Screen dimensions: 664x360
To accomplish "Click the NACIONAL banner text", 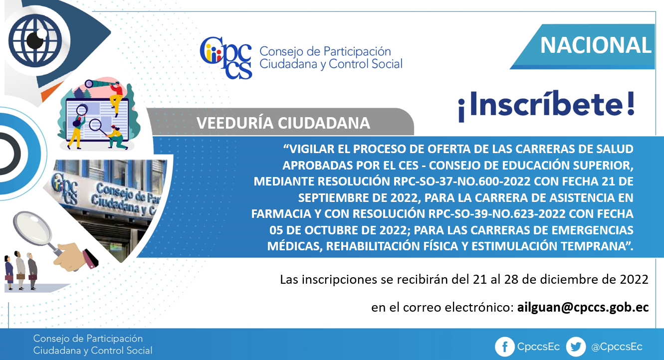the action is [x=596, y=45].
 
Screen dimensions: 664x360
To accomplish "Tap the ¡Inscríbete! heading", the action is [x=546, y=106].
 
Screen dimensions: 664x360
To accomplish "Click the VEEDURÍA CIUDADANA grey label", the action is [x=283, y=123].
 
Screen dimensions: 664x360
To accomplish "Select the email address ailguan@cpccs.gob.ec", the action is [x=583, y=308].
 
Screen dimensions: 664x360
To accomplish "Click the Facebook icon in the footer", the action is [x=504, y=347].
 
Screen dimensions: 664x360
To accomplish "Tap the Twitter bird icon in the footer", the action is [x=576, y=347].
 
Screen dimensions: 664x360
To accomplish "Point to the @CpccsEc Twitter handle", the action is [x=617, y=347].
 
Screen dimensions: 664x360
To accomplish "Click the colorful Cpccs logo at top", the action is [x=226, y=58].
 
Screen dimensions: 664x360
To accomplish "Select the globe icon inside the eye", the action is [x=35, y=40].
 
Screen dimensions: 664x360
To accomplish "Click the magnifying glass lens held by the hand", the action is [x=32, y=229].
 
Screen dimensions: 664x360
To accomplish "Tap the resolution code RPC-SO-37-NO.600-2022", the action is [x=462, y=181].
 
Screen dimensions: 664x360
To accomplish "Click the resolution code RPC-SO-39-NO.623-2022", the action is [x=497, y=213].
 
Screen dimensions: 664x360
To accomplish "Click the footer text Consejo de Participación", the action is [x=88, y=339].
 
